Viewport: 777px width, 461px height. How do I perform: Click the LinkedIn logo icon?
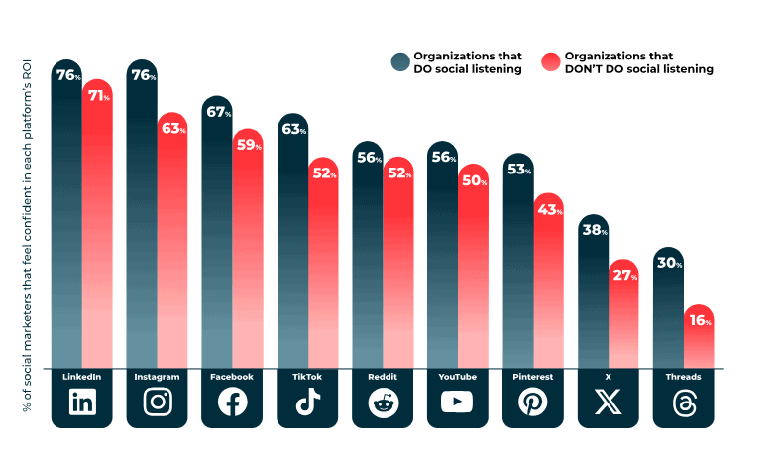coord(82,402)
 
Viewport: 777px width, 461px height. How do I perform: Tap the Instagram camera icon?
coord(158,402)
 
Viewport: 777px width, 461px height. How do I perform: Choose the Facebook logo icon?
coord(233,402)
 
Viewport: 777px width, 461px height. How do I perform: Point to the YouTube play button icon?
coord(458,402)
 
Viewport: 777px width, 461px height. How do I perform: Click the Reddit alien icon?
coord(383,402)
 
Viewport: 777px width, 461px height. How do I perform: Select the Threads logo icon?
coord(684,402)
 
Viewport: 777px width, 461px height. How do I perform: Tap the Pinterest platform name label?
coord(533,378)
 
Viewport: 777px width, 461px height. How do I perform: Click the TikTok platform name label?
coord(307,378)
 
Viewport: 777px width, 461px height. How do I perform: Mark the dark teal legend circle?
coord(399,62)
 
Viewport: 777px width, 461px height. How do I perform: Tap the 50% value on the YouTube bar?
coord(473,180)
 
